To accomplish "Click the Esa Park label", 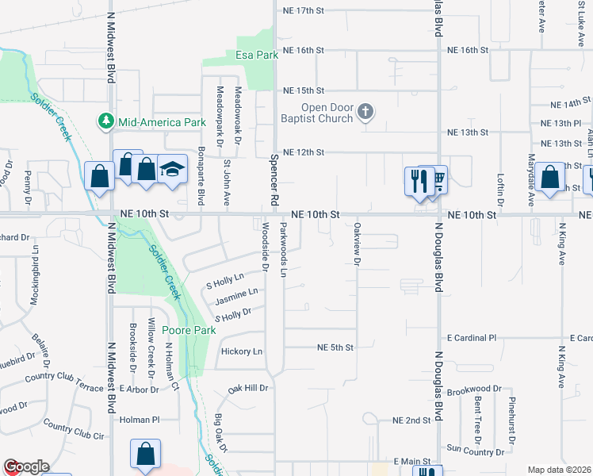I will coord(257,56).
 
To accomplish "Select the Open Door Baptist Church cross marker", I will coord(365,112).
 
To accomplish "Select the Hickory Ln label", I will coord(242,351).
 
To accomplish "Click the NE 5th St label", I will coord(334,347).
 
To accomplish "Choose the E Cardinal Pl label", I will coord(471,337).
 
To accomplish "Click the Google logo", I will coord(25,466).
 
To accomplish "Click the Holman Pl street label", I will coord(140,420).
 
